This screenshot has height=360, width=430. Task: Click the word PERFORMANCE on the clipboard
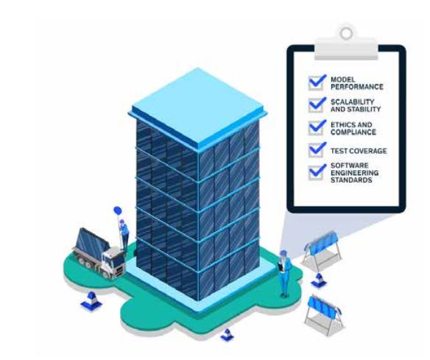click(357, 87)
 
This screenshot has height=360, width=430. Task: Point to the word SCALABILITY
click(353, 102)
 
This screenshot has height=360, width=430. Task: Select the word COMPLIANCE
click(353, 132)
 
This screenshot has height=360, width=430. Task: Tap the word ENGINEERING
click(355, 173)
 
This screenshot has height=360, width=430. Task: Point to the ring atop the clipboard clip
click(346, 33)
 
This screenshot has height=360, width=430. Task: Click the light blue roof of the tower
click(198, 108)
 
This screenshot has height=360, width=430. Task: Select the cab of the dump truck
click(113, 262)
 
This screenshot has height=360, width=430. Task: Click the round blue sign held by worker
click(117, 211)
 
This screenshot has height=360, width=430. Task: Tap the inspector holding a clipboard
click(284, 273)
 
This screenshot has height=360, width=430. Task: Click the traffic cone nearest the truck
click(91, 300)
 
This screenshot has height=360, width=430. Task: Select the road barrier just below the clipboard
click(322, 250)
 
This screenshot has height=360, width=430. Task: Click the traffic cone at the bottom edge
click(227, 335)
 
